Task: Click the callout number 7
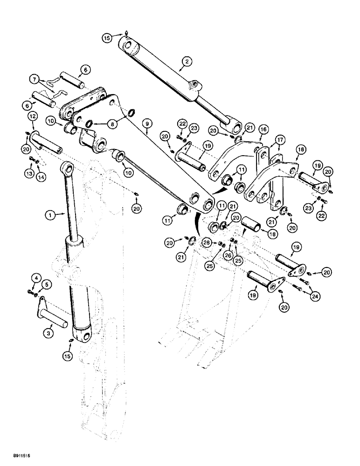(34, 78)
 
